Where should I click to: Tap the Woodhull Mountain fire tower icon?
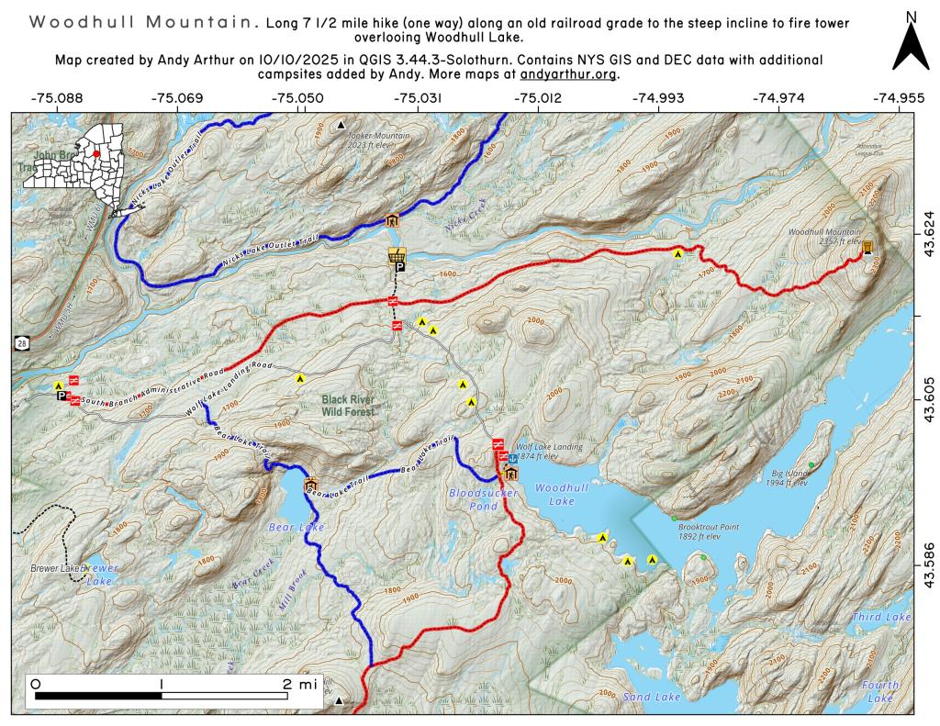tap(867, 247)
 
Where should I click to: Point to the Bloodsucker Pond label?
tap(484, 498)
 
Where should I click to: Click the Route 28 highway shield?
tap(20, 342)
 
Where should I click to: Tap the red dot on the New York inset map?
tap(95, 154)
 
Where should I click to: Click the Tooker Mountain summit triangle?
tap(341, 124)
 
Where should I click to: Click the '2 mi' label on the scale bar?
tap(300, 684)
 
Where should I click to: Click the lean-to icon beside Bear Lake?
tap(310, 485)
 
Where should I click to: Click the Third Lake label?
tap(881, 618)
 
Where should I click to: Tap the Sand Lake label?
tap(652, 698)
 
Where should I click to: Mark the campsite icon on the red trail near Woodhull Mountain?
tap(677, 252)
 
